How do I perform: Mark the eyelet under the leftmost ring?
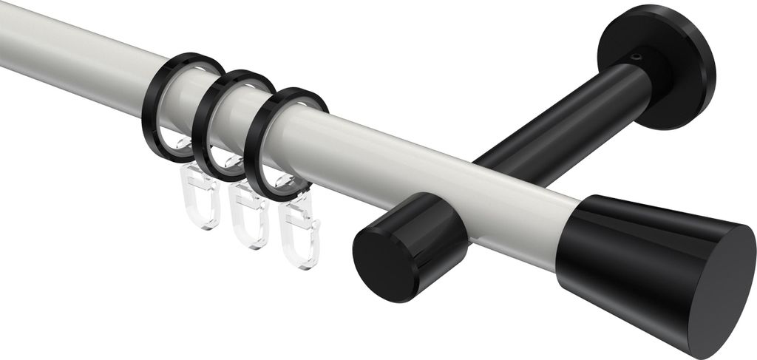[177, 144]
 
